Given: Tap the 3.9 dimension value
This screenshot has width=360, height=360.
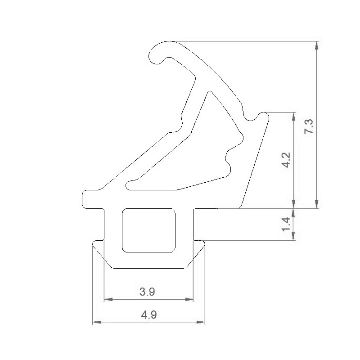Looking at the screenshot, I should (147, 292).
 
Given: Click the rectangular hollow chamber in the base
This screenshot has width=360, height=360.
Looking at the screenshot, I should (148, 230).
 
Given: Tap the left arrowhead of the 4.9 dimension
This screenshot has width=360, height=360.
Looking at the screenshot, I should (96, 322).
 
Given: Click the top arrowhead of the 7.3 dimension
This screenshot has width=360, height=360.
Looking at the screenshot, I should (317, 45).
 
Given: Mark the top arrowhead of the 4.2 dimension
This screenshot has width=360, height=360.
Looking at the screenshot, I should (294, 116).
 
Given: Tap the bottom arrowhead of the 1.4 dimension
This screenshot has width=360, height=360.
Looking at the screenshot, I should (294, 236).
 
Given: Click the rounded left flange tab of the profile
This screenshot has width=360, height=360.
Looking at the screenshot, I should (88, 199).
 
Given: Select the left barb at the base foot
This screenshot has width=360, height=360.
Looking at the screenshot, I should (96, 245).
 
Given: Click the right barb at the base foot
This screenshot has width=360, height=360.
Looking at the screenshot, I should (201, 245).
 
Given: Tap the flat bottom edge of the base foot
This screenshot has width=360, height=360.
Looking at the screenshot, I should (148, 268).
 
